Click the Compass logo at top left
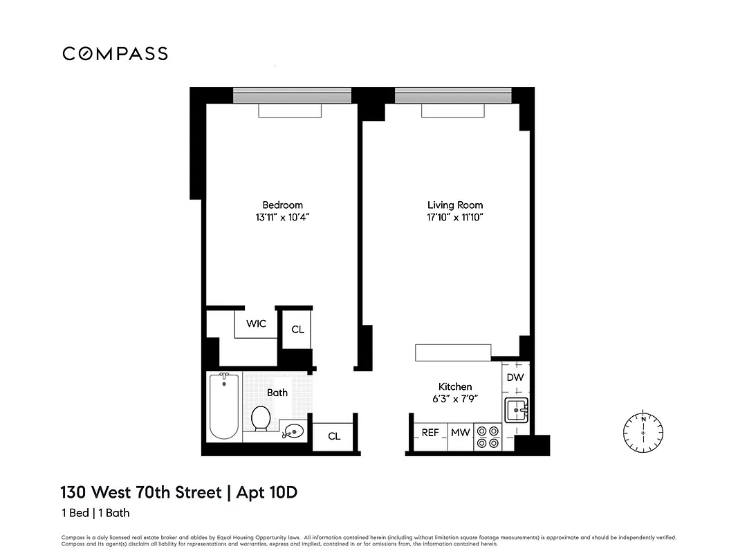tap(115, 53)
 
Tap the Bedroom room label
tap(282, 205)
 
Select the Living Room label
tap(454, 205)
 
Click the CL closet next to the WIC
tap(297, 329)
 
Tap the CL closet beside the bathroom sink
tap(334, 436)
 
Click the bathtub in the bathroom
tap(224, 406)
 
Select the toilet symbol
tap(261, 418)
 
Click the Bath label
tap(277, 392)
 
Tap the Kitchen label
tap(455, 386)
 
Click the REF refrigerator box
tap(430, 433)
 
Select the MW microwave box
tap(461, 433)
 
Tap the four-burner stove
tap(488, 436)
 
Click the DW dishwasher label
tap(515, 377)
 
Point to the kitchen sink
tap(516, 411)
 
